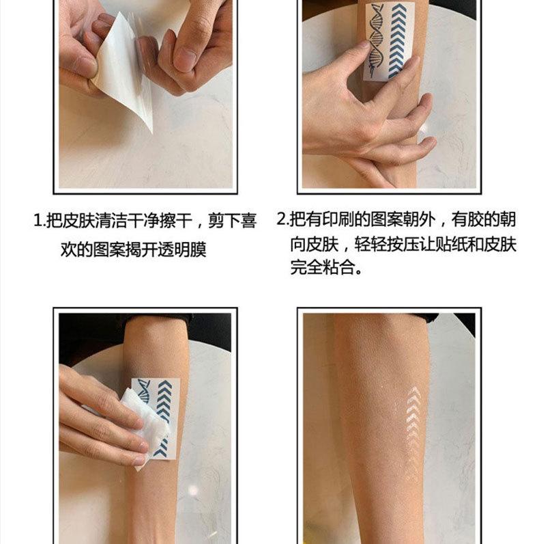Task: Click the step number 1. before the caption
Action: tap(40, 221)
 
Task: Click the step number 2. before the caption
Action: tap(283, 219)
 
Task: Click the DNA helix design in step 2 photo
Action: tap(375, 40)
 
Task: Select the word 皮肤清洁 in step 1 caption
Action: tap(94, 221)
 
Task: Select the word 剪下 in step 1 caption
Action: tap(224, 221)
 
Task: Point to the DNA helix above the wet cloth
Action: tap(144, 390)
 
